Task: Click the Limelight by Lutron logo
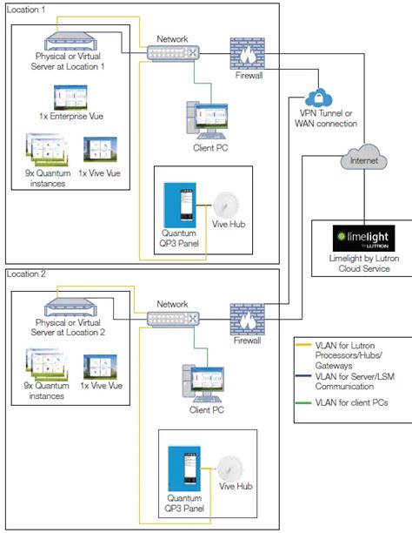[x=357, y=237]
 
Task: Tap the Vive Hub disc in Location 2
[x=229, y=467]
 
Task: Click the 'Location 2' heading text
[x=29, y=273]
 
